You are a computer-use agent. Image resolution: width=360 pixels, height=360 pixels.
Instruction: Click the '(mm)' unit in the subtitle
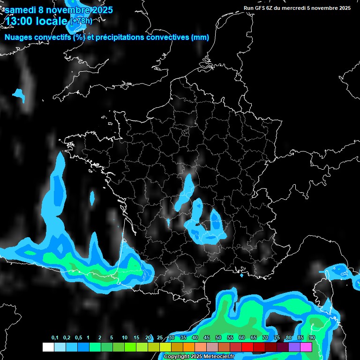pos(200,37)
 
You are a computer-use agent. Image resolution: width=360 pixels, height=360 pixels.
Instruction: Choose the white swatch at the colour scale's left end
pos(48,347)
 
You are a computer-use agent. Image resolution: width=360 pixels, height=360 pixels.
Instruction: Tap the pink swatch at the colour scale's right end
pos(306,347)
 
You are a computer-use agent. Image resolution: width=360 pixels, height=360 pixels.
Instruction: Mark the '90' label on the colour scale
pos(312,338)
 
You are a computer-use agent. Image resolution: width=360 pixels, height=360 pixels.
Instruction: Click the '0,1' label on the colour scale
pos(55,338)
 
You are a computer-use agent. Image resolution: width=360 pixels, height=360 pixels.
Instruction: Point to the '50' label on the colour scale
pos(218,338)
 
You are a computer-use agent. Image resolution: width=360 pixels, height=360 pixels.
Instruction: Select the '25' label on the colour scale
pos(160,338)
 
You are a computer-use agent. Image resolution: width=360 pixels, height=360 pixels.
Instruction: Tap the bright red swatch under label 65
pos(247,347)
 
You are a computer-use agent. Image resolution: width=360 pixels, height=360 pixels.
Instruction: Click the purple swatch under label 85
pos(294,347)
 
